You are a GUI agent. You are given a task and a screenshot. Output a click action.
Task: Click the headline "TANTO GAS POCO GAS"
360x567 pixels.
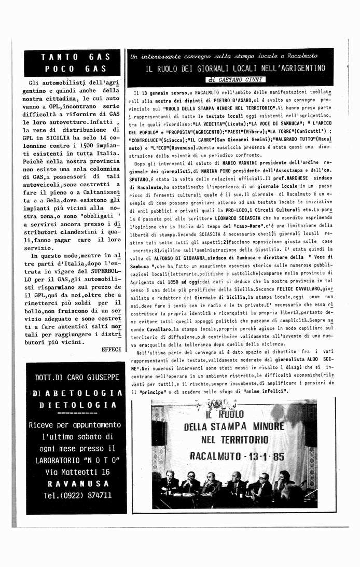pyautogui.click(x=74, y=63)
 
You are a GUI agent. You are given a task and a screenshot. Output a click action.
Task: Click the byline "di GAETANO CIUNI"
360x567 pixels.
pyautogui.click(x=236, y=80)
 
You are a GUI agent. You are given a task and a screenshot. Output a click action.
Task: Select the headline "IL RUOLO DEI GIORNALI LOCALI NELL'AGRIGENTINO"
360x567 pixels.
pyautogui.click(x=235, y=68)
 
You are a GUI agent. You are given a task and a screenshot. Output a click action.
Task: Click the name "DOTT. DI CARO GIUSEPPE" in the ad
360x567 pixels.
pyautogui.click(x=76, y=377)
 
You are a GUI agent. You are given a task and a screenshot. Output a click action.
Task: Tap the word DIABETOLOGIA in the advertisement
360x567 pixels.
pyautogui.click(x=77, y=393)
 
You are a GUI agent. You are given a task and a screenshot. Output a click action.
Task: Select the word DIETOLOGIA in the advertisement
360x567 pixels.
pyautogui.click(x=77, y=405)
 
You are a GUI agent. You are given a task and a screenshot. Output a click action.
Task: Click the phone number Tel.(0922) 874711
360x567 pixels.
pyautogui.click(x=77, y=495)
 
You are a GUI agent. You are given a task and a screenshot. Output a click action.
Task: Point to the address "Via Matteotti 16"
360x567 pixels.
pyautogui.click(x=77, y=472)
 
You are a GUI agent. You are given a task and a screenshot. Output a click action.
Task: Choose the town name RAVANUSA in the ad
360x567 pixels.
pyautogui.click(x=77, y=483)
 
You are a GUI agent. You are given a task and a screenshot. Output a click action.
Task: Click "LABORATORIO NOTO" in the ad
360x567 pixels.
pyautogui.click(x=77, y=460)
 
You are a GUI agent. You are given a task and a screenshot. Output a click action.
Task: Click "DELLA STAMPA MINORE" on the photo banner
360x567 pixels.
pyautogui.click(x=235, y=427)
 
